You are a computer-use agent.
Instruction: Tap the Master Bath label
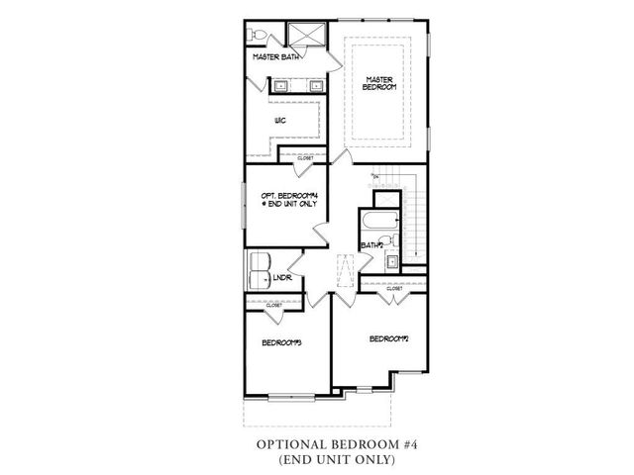(275, 57)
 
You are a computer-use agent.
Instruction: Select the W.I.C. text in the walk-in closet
(280, 121)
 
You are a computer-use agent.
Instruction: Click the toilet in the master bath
(258, 36)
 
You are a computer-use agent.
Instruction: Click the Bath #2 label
(371, 244)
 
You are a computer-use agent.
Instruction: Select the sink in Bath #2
(390, 262)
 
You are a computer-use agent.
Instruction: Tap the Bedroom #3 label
(281, 342)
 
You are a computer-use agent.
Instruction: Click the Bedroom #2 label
(389, 338)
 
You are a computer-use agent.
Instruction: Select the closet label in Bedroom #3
(273, 306)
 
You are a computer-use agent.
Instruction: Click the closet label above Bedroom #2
(407, 288)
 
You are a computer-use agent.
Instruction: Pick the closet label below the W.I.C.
(304, 158)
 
